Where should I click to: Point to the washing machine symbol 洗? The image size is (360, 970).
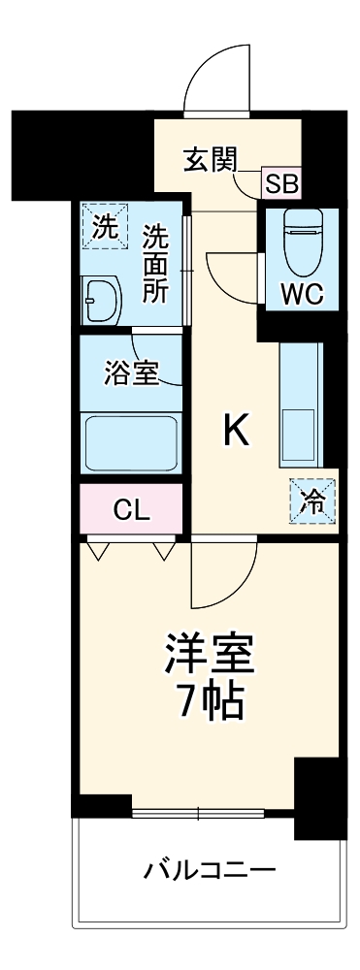click(x=104, y=228)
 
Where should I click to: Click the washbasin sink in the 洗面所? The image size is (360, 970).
click(x=100, y=300)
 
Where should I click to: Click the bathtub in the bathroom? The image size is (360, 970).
click(x=131, y=442)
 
